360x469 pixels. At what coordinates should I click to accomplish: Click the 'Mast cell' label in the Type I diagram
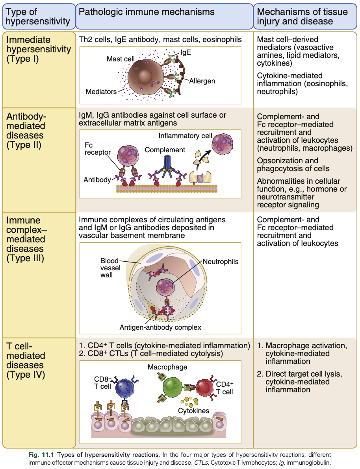121,59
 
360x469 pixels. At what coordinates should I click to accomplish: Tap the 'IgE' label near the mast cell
186,52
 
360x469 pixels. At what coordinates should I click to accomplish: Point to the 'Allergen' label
202,81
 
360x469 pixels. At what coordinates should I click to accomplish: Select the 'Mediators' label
101,92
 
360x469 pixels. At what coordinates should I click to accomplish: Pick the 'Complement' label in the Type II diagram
165,150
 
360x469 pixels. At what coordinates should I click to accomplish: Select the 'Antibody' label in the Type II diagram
97,179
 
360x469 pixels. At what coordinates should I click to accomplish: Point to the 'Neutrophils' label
220,261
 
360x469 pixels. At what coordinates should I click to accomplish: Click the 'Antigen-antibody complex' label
160,327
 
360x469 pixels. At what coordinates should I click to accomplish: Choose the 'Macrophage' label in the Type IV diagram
167,367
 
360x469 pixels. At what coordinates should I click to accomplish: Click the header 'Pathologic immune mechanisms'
147,12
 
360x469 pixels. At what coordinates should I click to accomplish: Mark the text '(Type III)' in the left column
25,259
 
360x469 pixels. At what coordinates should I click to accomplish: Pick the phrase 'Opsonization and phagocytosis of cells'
293,165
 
